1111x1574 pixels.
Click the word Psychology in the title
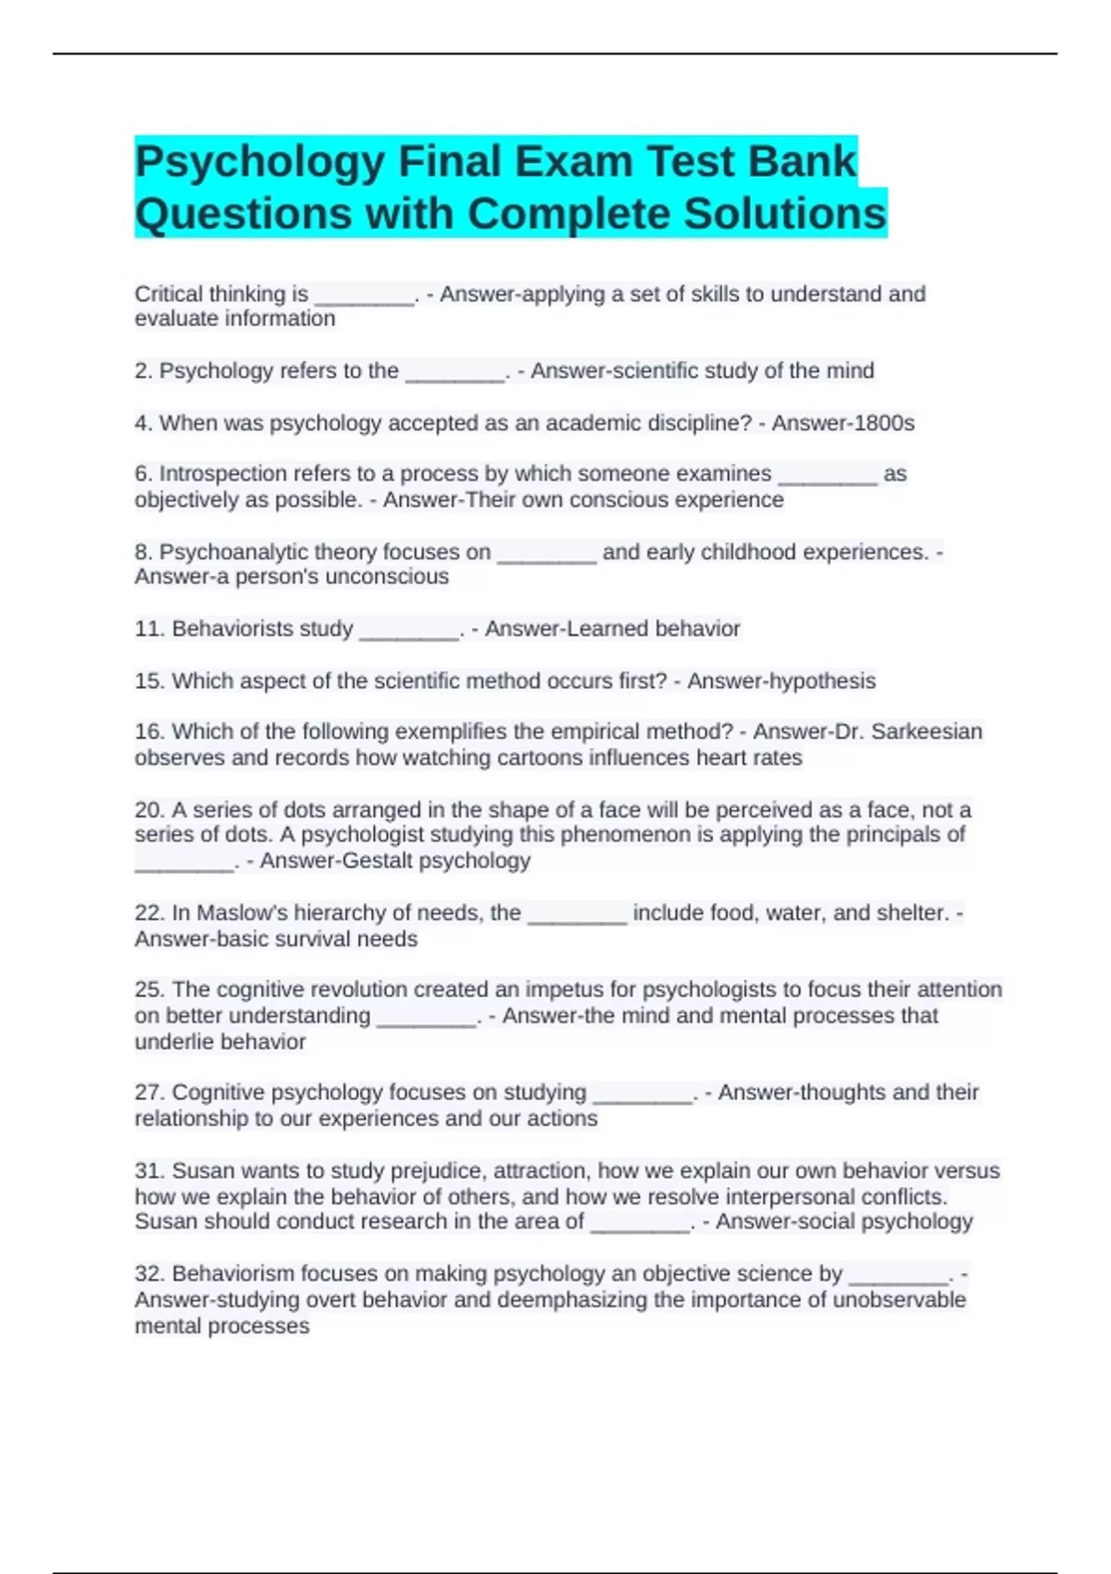[x=260, y=162]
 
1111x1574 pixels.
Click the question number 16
[x=148, y=731]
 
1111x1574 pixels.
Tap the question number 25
[x=148, y=990]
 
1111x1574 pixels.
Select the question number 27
[x=148, y=1093]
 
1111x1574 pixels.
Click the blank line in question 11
[x=408, y=632]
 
